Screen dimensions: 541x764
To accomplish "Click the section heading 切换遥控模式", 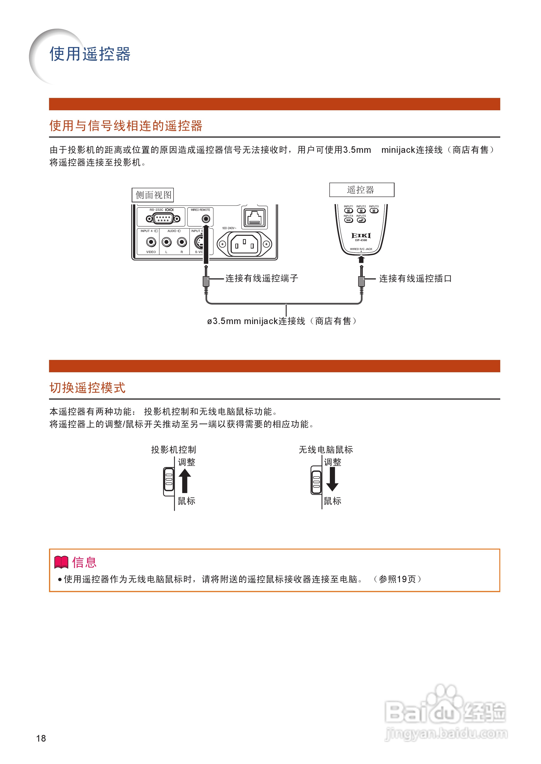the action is (x=87, y=388).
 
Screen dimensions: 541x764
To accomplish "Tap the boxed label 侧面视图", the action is (x=153, y=195).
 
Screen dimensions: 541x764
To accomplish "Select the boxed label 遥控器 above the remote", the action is (x=361, y=190).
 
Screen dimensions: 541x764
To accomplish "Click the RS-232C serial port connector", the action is (x=163, y=219).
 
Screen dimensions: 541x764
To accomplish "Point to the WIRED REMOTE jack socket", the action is (x=206, y=219).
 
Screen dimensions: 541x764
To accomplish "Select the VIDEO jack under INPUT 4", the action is (x=151, y=242).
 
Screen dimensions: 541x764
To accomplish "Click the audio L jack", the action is (x=166, y=242).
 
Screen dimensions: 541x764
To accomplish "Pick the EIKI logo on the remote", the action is (x=361, y=236).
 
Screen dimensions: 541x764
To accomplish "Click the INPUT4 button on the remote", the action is (x=348, y=220).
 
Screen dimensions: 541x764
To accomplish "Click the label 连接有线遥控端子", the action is (x=262, y=278).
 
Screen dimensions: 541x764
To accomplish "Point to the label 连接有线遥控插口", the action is (x=415, y=279).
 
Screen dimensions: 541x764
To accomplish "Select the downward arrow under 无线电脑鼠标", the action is (x=332, y=479).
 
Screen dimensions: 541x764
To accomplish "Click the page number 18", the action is (x=41, y=738).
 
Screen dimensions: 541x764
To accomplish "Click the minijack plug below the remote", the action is (x=361, y=281).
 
